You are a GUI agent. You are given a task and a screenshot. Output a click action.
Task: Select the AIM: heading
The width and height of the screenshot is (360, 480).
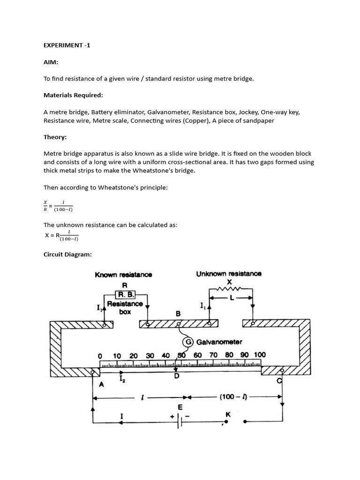pyautogui.click(x=52, y=63)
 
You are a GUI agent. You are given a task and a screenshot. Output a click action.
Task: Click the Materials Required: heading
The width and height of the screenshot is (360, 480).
pyautogui.click(x=73, y=95)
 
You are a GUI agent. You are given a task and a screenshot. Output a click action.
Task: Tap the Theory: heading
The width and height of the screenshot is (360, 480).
pyautogui.click(x=55, y=137)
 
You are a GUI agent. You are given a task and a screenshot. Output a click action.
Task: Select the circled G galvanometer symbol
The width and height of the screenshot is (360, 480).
pyautogui.click(x=188, y=342)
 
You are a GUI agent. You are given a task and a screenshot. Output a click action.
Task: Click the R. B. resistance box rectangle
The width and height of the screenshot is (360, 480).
pyautogui.click(x=125, y=295)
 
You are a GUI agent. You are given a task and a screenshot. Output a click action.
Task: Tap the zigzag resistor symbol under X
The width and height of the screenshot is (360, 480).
pyautogui.click(x=230, y=289)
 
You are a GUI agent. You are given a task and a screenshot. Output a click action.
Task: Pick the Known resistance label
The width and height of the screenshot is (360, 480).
pyautogui.click(x=123, y=275)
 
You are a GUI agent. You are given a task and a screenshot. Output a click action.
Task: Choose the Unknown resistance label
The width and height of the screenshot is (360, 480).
pyautogui.click(x=229, y=274)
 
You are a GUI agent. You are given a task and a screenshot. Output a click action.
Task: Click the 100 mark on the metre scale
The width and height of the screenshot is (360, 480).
pyautogui.click(x=259, y=355)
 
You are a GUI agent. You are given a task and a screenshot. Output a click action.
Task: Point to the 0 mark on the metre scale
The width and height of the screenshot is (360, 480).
pyautogui.click(x=100, y=356)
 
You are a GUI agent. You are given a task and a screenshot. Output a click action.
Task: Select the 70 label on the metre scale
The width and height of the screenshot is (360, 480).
pyautogui.click(x=213, y=355)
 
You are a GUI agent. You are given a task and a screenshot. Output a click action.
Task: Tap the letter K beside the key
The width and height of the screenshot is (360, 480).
pyautogui.click(x=228, y=414)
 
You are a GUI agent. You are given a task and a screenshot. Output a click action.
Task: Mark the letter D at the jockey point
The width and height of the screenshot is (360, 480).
pyautogui.click(x=177, y=376)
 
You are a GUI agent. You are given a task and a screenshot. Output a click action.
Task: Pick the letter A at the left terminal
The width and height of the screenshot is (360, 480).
pyautogui.click(x=100, y=384)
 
